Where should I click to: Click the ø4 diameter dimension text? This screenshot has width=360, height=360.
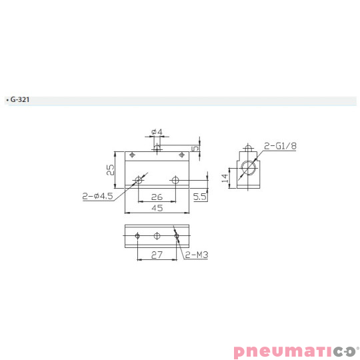point(157,132)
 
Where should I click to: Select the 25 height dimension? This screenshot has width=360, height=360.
point(111,169)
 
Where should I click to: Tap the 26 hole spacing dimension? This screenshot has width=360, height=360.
point(157,197)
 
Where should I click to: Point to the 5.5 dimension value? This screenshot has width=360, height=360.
point(200,197)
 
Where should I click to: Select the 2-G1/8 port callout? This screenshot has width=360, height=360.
point(279,145)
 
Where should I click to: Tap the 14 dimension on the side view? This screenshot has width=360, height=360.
point(226,177)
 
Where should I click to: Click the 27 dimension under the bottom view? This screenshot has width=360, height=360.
point(157,255)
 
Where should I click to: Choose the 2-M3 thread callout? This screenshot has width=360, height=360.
point(196,255)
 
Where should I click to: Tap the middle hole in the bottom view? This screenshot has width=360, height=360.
point(157,235)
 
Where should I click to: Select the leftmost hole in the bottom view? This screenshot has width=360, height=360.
point(137,235)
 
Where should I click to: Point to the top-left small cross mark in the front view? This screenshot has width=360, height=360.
point(133,155)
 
